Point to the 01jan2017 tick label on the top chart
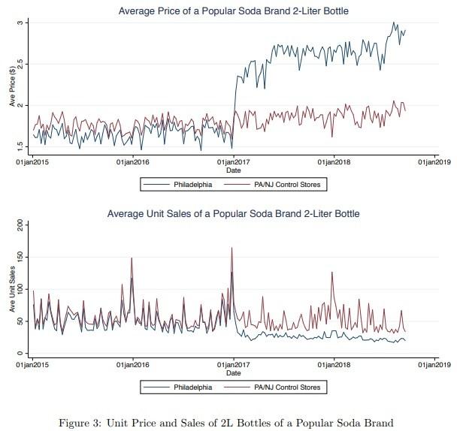tap(233, 161)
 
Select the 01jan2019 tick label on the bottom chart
tap(435, 365)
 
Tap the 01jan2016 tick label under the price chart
tap(132, 161)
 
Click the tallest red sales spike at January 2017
tap(232, 248)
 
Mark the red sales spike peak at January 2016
tap(132, 258)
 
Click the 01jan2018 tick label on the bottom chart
tap(334, 365)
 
